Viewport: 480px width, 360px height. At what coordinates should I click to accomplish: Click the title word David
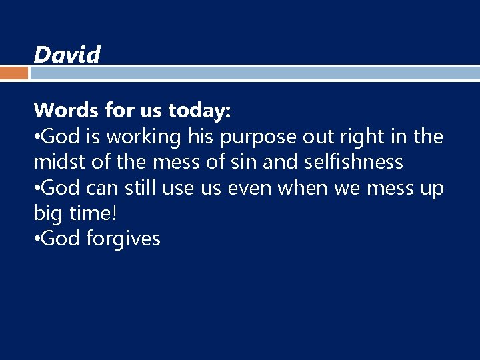[67, 54]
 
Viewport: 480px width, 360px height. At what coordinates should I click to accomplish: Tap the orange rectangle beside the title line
[14, 72]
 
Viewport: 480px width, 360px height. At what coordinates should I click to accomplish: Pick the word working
[143, 137]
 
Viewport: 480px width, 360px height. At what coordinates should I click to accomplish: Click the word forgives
[123, 239]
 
